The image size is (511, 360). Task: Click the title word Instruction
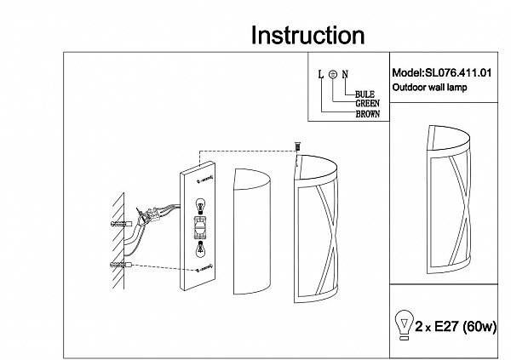308,36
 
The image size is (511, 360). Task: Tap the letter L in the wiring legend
320,74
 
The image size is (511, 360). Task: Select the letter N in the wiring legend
345,74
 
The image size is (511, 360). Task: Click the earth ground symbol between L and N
332,74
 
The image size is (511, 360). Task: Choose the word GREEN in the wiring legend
367,104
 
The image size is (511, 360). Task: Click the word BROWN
368,114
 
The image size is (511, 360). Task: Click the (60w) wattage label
481,326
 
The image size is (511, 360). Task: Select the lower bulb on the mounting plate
201,249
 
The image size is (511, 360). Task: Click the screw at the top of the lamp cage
297,148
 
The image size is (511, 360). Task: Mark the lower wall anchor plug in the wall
118,266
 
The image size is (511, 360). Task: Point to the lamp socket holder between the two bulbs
202,227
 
